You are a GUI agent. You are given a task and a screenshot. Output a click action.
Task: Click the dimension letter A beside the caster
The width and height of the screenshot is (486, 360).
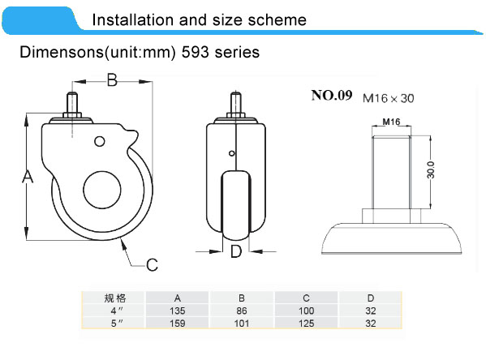pos(28,177)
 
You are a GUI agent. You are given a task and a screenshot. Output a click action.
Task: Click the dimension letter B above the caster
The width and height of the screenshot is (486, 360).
pos(112,80)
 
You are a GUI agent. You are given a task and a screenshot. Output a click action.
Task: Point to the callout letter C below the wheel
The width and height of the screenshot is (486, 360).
pos(152,265)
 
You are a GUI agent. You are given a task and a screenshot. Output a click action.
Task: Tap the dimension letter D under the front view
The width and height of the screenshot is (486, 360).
pos(236,251)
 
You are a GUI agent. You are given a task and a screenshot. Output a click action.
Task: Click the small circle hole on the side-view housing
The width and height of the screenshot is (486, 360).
pos(100,141)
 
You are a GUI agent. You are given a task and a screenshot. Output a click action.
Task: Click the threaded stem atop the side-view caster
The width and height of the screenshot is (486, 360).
pos(72,103)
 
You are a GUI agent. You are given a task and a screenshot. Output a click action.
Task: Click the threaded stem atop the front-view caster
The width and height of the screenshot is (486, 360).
pos(236,103)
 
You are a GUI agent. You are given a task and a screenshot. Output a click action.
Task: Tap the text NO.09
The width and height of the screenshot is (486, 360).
pos(332,96)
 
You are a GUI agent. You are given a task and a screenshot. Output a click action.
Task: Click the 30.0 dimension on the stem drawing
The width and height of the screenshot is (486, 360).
pos(431,169)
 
